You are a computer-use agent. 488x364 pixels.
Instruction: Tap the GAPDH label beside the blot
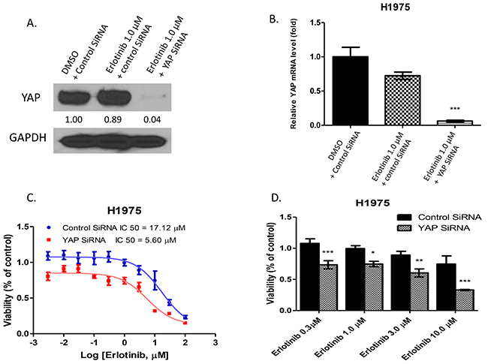tap(32, 140)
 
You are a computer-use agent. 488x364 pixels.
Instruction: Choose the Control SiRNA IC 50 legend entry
tap(101, 225)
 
